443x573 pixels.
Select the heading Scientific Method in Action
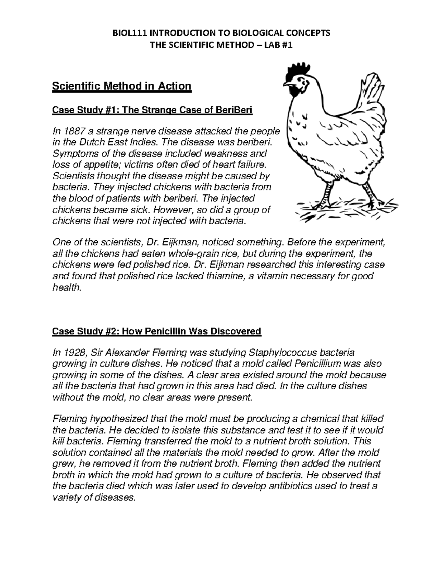pyautogui.click(x=122, y=86)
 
